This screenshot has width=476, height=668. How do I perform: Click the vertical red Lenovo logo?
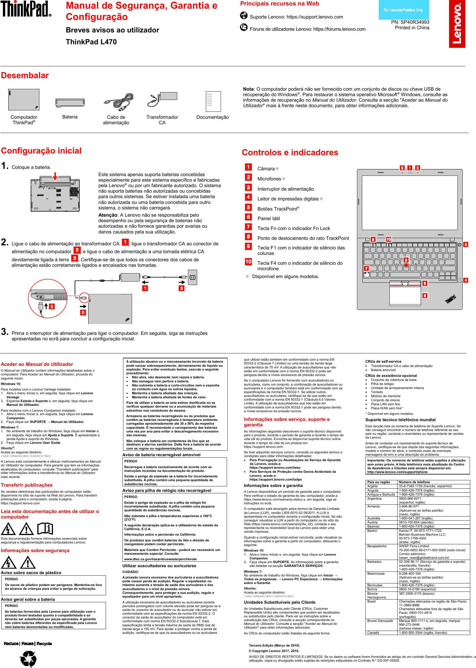(x=457, y=24)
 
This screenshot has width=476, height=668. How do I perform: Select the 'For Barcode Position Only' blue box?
(x=403, y=10)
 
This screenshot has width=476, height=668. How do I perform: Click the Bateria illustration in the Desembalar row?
(x=70, y=103)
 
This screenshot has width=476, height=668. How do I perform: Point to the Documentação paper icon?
(x=213, y=101)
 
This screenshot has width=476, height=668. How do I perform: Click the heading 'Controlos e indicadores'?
(x=290, y=152)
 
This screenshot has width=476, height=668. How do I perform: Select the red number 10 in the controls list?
(x=248, y=261)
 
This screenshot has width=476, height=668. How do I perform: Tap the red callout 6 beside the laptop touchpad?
(x=424, y=295)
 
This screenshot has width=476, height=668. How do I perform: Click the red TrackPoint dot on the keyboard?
(x=406, y=265)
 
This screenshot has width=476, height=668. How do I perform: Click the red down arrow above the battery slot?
(x=55, y=176)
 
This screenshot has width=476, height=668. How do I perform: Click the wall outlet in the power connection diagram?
(x=192, y=277)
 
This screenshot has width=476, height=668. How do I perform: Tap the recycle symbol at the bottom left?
(x=28, y=659)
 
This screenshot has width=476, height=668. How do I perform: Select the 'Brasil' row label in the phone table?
(x=371, y=601)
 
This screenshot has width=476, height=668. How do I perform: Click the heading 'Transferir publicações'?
(x=27, y=485)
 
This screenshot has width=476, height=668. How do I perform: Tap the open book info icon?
(x=45, y=528)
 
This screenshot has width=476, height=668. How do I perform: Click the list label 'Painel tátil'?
(x=268, y=218)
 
